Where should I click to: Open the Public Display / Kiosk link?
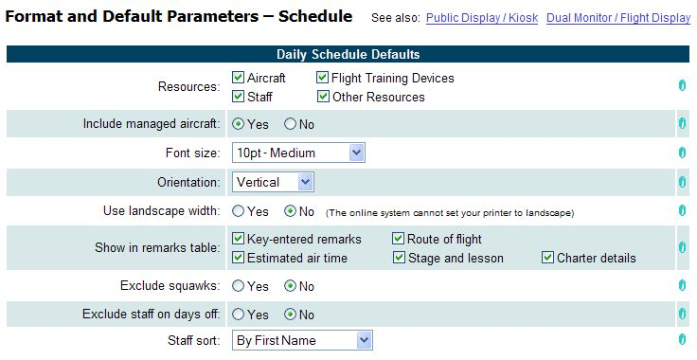tap(481, 18)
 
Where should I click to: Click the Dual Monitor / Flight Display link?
tap(618, 18)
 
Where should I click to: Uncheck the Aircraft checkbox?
tap(239, 78)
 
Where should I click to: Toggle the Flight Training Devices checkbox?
tap(323, 78)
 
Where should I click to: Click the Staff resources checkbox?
tap(239, 97)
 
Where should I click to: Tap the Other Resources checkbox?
tap(323, 97)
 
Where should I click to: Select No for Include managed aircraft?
tap(290, 124)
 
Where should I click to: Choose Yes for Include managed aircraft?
tap(239, 124)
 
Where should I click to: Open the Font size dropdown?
tap(356, 153)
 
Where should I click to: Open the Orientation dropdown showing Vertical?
tap(305, 182)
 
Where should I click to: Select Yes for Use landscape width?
tap(239, 211)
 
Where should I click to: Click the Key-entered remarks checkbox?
tap(239, 239)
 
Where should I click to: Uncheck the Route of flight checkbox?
tap(399, 239)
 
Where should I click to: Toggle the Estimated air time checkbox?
tap(239, 258)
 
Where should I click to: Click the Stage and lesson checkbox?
tap(399, 258)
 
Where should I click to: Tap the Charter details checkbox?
tap(548, 258)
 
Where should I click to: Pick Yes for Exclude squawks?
tap(239, 286)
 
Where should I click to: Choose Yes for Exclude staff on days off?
tap(239, 315)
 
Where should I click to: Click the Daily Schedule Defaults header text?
tap(348, 54)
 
